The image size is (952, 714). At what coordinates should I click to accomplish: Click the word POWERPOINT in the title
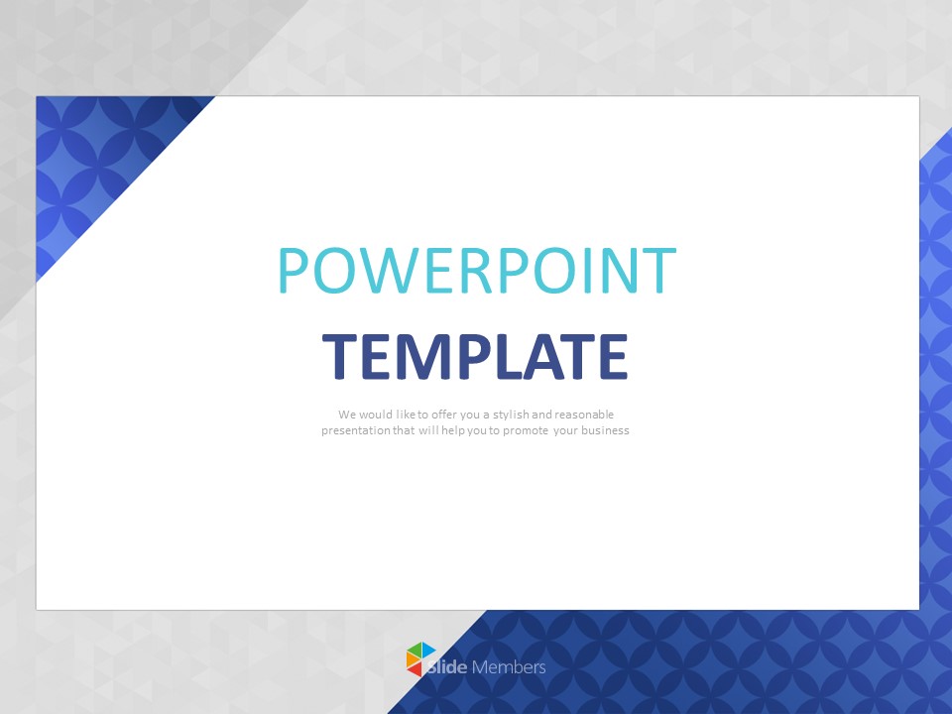(476, 270)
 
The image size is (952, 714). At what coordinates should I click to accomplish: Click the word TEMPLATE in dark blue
(476, 357)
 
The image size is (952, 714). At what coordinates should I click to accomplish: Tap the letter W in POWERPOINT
(388, 270)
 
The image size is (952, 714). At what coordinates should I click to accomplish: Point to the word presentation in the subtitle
(355, 431)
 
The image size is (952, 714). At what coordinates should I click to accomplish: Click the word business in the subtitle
(605, 431)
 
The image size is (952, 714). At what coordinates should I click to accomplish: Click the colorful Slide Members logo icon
(420, 659)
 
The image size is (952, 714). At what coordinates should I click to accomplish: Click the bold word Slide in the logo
(449, 667)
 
